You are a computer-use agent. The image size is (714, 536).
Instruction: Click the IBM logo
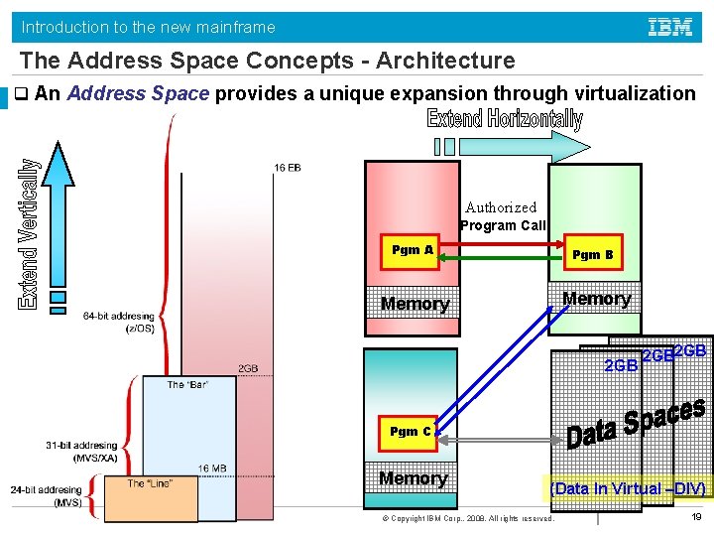pos(670,27)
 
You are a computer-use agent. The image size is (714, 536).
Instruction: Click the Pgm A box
pos(412,250)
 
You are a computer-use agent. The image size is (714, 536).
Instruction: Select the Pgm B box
pos(592,255)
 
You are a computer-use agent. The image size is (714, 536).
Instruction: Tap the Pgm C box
pos(410,432)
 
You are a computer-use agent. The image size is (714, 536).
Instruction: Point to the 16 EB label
pos(287,168)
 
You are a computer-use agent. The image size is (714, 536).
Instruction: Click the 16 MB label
pos(212,468)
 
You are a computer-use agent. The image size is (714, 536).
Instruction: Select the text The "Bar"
pos(187,384)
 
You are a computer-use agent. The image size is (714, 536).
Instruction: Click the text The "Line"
pos(150,483)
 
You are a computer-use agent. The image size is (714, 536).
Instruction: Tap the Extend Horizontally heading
pos(505,120)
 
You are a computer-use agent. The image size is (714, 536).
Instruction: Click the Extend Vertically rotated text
pos(30,234)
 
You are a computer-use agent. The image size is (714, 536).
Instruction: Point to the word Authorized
pos(501,207)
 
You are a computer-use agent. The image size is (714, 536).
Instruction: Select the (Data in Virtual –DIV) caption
pos(628,488)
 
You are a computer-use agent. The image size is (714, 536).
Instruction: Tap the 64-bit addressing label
pos(119,322)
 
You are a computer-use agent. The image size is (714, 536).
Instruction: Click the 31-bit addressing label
pos(81,451)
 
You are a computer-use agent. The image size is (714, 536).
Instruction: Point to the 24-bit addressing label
pos(47,495)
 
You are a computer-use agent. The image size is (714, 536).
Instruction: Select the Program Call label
pos(503,225)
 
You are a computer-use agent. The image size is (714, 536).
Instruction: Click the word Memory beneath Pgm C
pos(413,478)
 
